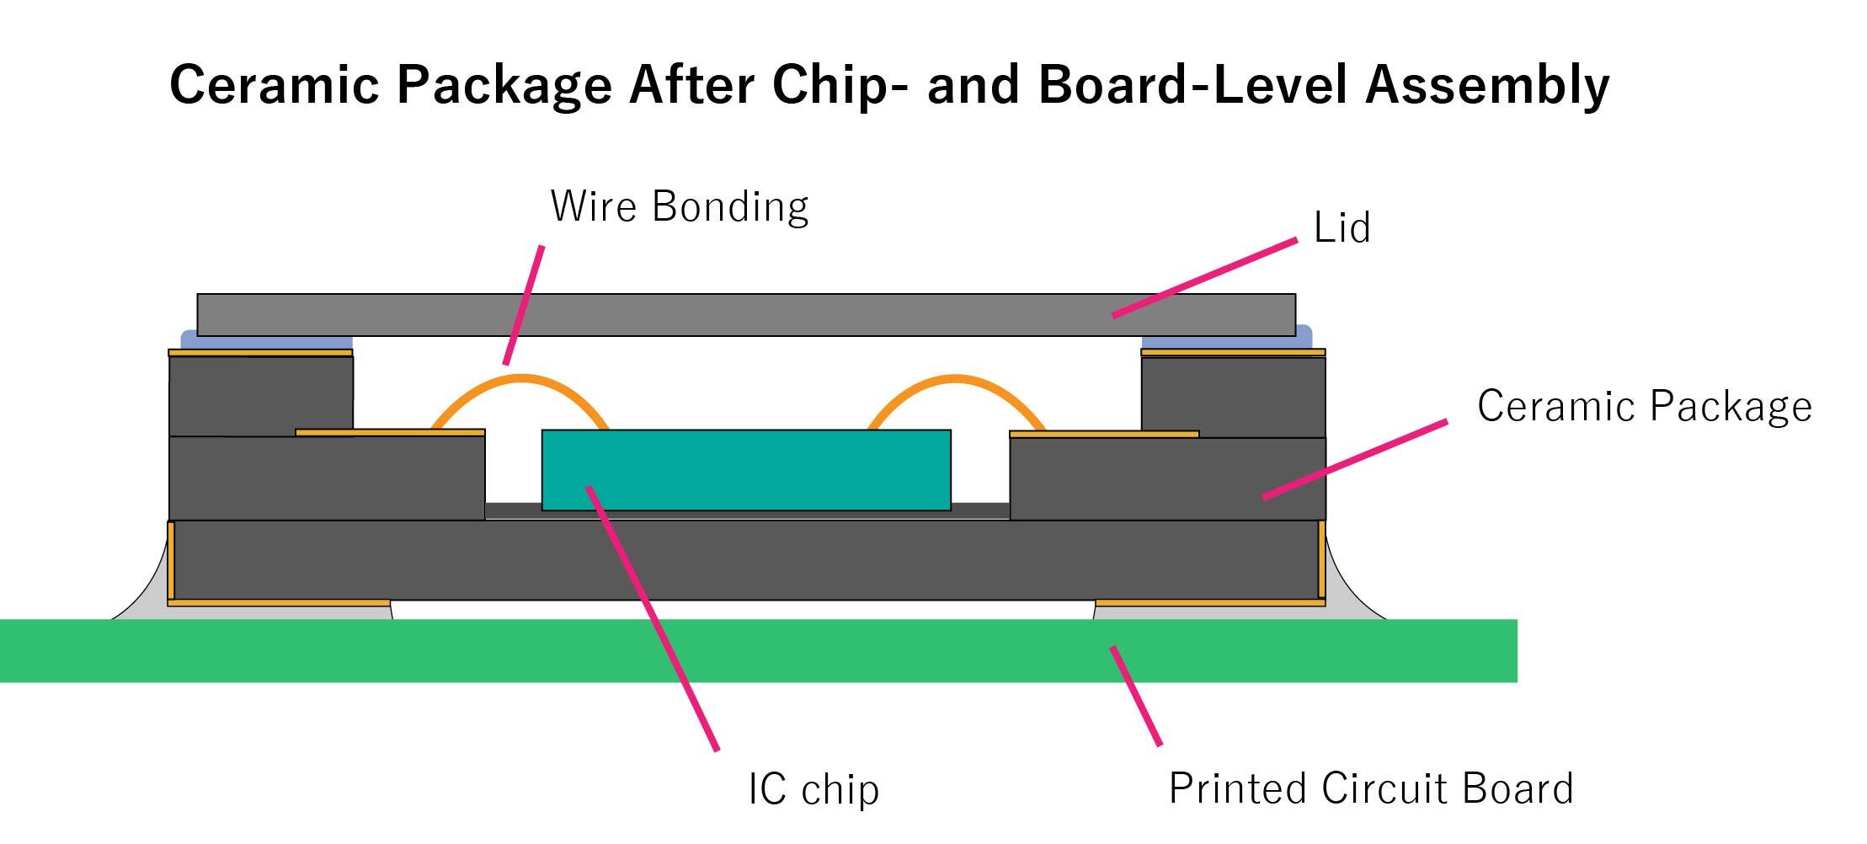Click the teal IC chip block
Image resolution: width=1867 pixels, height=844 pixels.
click(x=746, y=469)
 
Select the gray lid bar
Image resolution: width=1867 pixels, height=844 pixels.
click(x=746, y=315)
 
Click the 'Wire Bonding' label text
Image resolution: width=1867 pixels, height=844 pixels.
click(x=679, y=206)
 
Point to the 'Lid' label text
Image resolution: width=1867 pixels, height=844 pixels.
click(x=1342, y=227)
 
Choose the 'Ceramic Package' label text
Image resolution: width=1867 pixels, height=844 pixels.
click(x=1644, y=406)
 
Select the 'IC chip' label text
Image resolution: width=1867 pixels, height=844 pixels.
click(x=813, y=789)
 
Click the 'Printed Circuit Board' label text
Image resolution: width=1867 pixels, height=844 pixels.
click(x=1371, y=789)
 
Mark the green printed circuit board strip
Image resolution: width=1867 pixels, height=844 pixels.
click(x=758, y=650)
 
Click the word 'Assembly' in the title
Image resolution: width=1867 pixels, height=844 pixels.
click(x=1487, y=85)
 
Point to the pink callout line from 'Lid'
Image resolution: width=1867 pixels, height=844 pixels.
click(x=1204, y=278)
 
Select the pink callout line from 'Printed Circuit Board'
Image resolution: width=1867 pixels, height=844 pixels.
click(x=1136, y=696)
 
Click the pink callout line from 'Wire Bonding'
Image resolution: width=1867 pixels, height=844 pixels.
click(x=524, y=305)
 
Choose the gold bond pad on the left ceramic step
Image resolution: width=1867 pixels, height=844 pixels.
click(x=390, y=433)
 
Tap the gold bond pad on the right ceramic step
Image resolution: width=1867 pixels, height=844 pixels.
click(x=1103, y=435)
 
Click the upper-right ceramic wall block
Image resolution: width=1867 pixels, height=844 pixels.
click(x=1233, y=396)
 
